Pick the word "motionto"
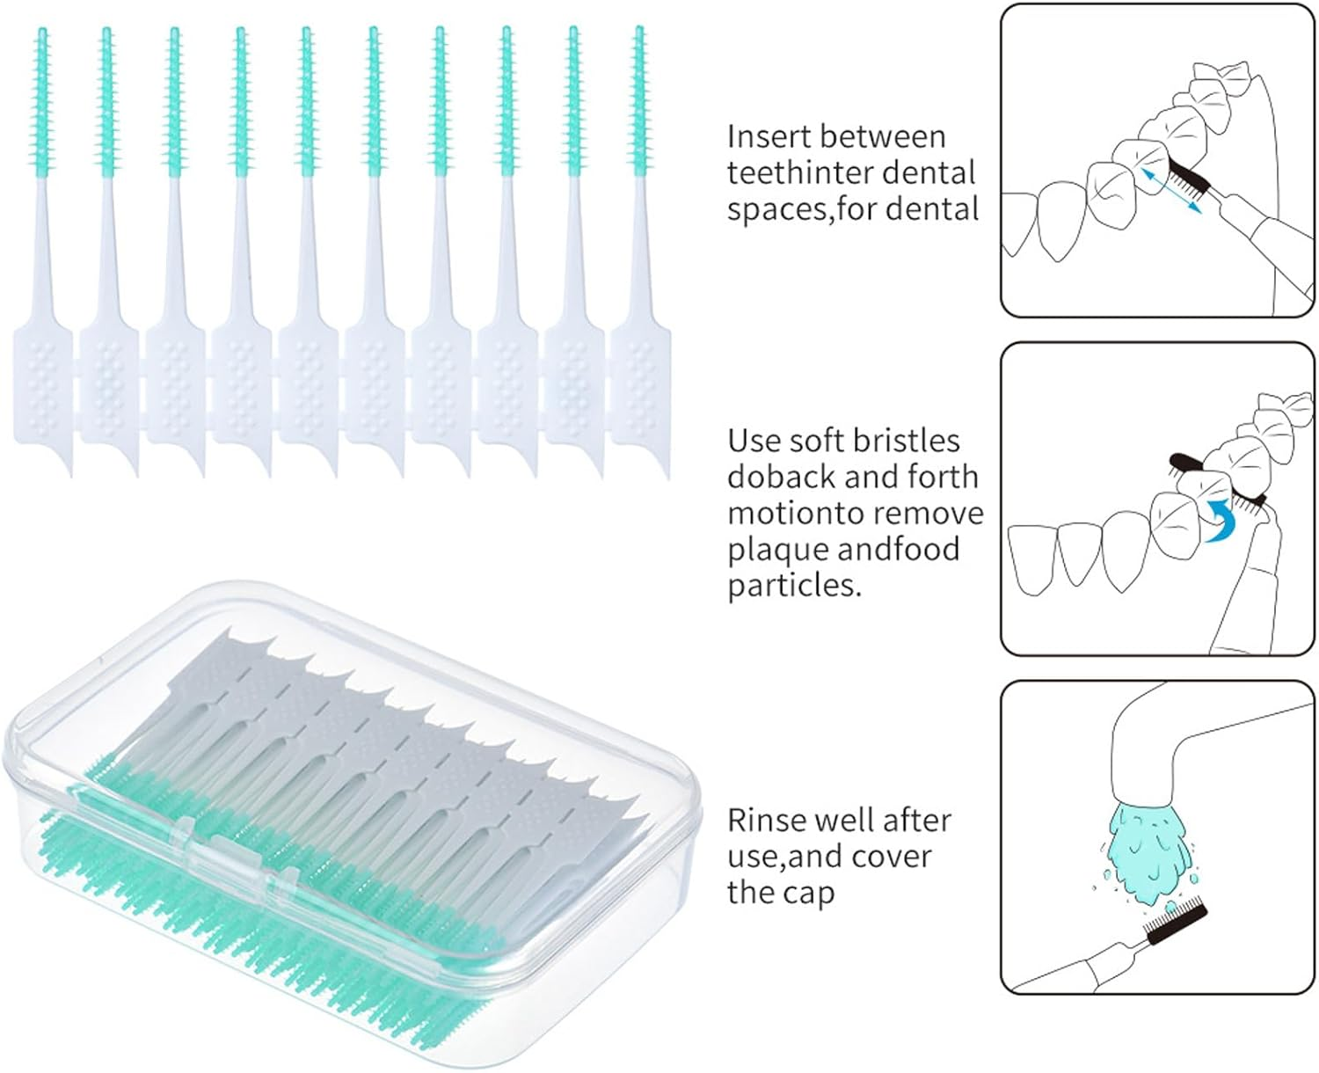pos(788,513)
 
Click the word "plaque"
pos(777,550)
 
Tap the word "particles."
pos(794,586)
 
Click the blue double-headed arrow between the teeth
pos(1171,190)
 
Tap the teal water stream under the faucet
pos(1148,849)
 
